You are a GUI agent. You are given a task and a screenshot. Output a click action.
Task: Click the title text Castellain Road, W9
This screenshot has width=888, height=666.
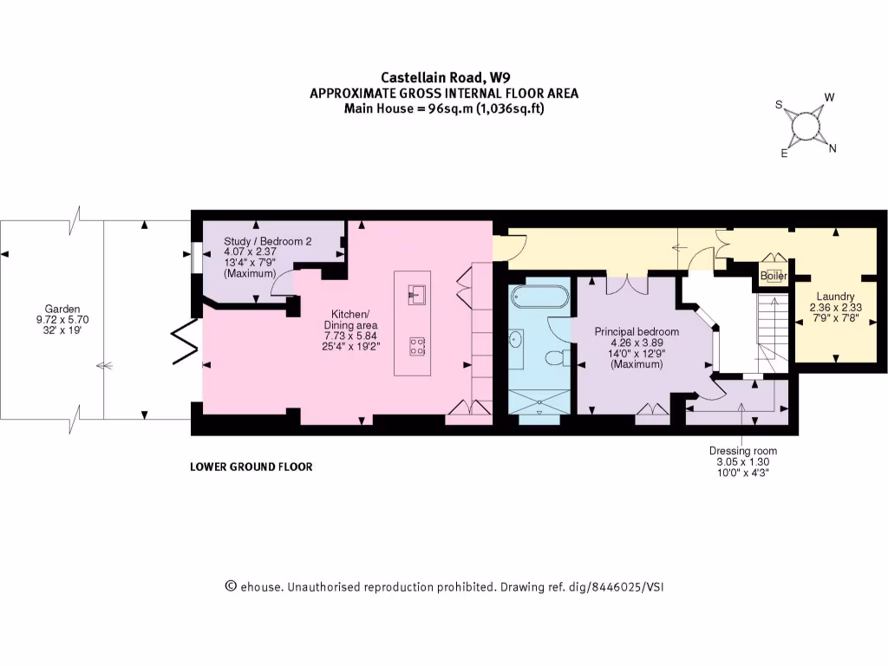click(443, 77)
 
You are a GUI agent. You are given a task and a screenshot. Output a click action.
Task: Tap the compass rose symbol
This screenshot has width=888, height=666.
click(806, 126)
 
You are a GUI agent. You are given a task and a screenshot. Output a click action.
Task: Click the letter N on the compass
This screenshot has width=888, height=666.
click(832, 148)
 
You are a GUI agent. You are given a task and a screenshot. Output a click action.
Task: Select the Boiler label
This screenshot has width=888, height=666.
click(774, 276)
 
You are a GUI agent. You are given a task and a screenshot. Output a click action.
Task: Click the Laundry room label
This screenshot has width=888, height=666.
click(835, 297)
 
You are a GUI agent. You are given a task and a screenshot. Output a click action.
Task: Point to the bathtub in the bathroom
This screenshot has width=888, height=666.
click(539, 297)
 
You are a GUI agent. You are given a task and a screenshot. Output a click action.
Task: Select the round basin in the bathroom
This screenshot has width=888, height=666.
click(518, 340)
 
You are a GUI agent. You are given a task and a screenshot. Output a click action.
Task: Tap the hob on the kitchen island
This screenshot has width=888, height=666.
click(416, 346)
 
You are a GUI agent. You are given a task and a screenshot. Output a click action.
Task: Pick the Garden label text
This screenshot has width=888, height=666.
click(63, 309)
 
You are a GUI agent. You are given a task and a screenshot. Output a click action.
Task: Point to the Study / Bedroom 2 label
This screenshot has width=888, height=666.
click(267, 242)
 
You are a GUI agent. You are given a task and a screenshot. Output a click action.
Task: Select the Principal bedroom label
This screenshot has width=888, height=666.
click(637, 331)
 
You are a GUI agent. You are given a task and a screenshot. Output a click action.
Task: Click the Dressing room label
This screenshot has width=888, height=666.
click(742, 451)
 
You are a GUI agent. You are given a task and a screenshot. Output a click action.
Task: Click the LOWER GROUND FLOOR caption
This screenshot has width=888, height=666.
click(251, 467)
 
